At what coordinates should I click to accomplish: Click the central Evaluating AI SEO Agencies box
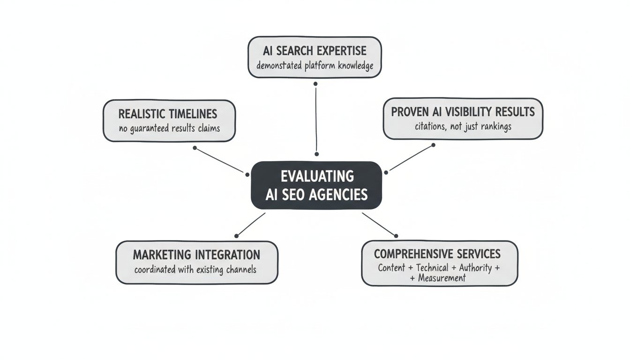316,185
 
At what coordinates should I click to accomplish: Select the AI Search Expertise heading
315,51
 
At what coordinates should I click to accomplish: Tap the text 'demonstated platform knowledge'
315,65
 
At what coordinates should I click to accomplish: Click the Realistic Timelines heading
168,114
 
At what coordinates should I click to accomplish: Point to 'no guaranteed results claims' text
169,128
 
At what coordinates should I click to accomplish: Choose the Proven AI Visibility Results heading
463,112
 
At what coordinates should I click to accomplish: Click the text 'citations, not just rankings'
463,127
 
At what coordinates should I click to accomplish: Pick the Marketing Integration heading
196,255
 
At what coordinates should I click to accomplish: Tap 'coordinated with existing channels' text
195,270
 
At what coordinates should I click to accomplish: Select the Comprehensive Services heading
437,254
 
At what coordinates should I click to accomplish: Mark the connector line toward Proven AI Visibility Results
410,158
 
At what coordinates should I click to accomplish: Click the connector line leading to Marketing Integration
251,225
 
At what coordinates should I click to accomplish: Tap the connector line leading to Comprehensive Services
379,225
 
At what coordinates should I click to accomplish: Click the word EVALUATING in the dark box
317,176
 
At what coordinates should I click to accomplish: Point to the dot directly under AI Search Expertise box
315,84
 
